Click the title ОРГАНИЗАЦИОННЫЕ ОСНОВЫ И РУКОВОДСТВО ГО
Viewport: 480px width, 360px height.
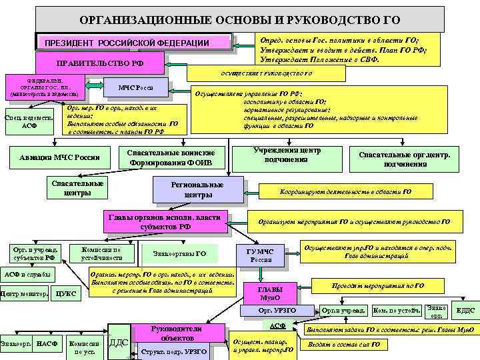point(239,19)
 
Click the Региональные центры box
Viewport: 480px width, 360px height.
point(197,189)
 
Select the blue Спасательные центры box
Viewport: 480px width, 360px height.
point(77,188)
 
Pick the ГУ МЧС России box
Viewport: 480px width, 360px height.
point(261,255)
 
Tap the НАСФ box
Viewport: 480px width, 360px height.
point(46,343)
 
